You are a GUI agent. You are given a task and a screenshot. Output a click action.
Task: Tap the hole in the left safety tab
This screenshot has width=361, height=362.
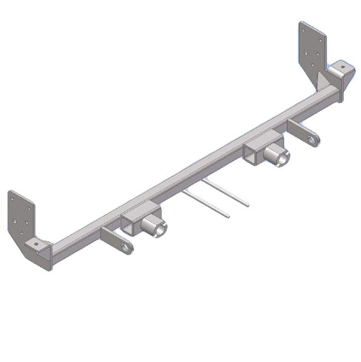(126, 247)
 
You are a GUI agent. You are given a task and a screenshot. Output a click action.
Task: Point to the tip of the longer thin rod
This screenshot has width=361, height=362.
(248, 206)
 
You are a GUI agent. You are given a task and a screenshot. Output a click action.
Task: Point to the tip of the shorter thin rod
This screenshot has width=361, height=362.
(228, 216)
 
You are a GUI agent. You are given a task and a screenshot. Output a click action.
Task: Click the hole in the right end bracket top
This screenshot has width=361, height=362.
(342, 67)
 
